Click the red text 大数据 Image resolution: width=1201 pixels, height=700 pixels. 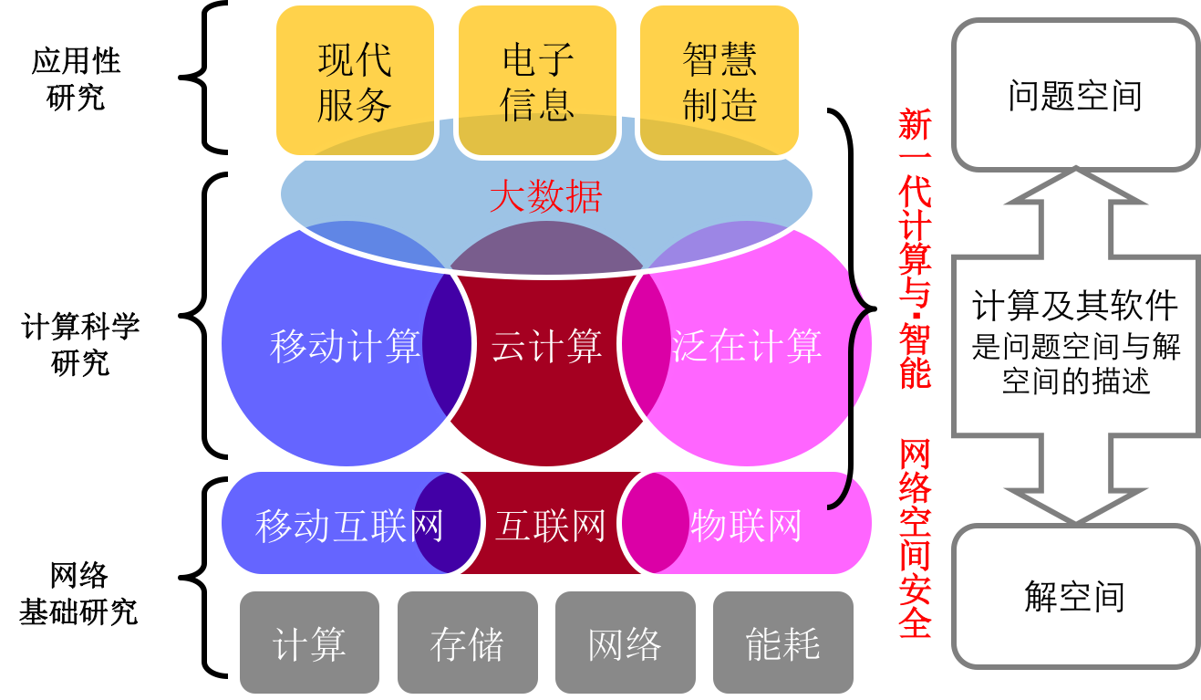coord(545,196)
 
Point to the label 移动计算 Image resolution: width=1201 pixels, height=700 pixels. coord(345,347)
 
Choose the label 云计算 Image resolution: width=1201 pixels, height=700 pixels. coord(546,347)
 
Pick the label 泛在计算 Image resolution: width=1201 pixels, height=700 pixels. coord(747,347)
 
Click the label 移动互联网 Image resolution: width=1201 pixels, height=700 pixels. coord(349,527)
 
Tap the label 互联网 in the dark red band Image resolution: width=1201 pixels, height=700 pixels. coord(550,527)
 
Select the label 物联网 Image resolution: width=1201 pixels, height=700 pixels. coord(747,527)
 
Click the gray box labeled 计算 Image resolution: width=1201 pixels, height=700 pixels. coord(309,643)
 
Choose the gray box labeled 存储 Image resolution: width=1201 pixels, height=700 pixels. coord(467,643)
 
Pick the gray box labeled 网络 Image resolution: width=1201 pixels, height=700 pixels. coord(625,643)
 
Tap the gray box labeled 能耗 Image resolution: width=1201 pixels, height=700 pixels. coord(782,643)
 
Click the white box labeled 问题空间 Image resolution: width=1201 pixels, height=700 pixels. coord(1075,95)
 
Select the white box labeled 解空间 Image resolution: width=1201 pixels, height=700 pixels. coord(1075,596)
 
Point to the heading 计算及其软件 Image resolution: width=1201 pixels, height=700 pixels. coord(1075,306)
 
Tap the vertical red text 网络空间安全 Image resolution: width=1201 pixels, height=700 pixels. coord(915,538)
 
